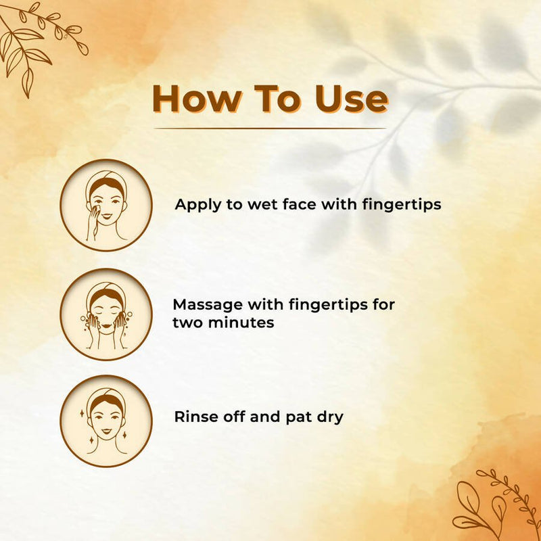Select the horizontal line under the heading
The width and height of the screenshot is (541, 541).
tap(270, 128)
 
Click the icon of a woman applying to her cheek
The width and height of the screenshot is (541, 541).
tap(106, 205)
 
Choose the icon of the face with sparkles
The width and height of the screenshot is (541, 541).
tap(106, 421)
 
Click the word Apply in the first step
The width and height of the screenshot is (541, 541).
tap(197, 204)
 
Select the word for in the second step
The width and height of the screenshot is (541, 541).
tap(382, 305)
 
